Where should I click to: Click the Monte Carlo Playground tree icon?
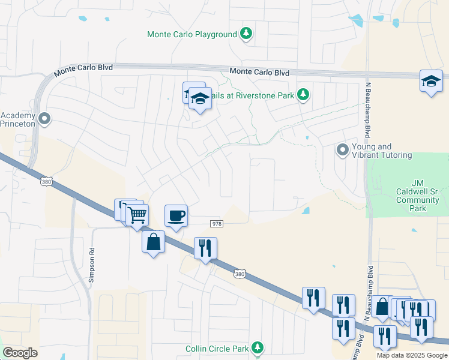(246, 34)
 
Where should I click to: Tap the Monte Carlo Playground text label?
(192, 35)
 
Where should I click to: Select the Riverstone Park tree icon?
(304, 95)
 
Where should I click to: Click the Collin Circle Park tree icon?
(258, 348)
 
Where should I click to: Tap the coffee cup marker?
(176, 216)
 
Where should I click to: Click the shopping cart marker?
(137, 214)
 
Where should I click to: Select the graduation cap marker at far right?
(431, 81)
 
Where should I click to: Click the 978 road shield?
(217, 223)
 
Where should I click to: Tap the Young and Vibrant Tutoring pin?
(343, 149)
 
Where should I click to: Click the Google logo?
(20, 353)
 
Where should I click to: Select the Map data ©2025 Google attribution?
(412, 355)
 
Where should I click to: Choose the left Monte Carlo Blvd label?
(83, 70)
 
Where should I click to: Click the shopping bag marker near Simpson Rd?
(154, 242)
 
